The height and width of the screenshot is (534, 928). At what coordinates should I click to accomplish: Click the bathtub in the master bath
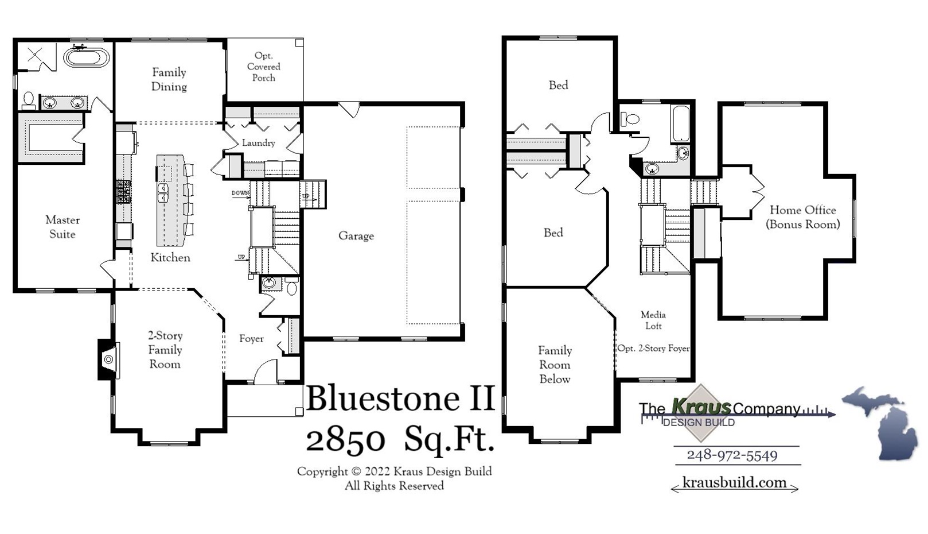pos(86,57)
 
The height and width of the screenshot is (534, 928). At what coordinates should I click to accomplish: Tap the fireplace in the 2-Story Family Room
pos(108,359)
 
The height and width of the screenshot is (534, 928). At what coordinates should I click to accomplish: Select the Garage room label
pos(356,235)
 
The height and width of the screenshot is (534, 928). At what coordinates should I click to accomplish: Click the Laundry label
pos(258,143)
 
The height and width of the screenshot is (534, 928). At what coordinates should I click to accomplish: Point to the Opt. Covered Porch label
pos(264,67)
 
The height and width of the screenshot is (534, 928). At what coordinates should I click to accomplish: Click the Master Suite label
pos(62,227)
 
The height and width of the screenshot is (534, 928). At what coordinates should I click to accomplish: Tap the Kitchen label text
pos(170,258)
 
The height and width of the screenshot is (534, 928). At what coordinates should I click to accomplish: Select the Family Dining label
pos(169,79)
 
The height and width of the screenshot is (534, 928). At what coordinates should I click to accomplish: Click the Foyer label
pos(251,339)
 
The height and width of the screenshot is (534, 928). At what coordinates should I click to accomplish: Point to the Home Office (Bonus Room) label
pos(802,217)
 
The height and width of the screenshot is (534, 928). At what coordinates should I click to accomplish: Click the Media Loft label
pos(653,320)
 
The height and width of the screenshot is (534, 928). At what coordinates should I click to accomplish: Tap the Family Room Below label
pos(555,365)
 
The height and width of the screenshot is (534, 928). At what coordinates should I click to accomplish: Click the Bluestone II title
pos(400,398)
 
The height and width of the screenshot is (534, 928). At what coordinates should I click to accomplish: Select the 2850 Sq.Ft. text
pos(400,440)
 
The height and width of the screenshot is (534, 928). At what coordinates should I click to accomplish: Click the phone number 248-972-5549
pos(732,455)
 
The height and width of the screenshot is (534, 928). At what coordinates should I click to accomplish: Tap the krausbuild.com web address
pos(734,482)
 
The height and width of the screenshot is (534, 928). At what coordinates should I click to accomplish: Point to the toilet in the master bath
pos(28,100)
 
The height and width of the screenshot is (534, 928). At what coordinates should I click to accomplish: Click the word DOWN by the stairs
pos(240,193)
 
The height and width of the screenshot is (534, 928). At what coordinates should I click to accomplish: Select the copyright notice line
pos(394,471)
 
